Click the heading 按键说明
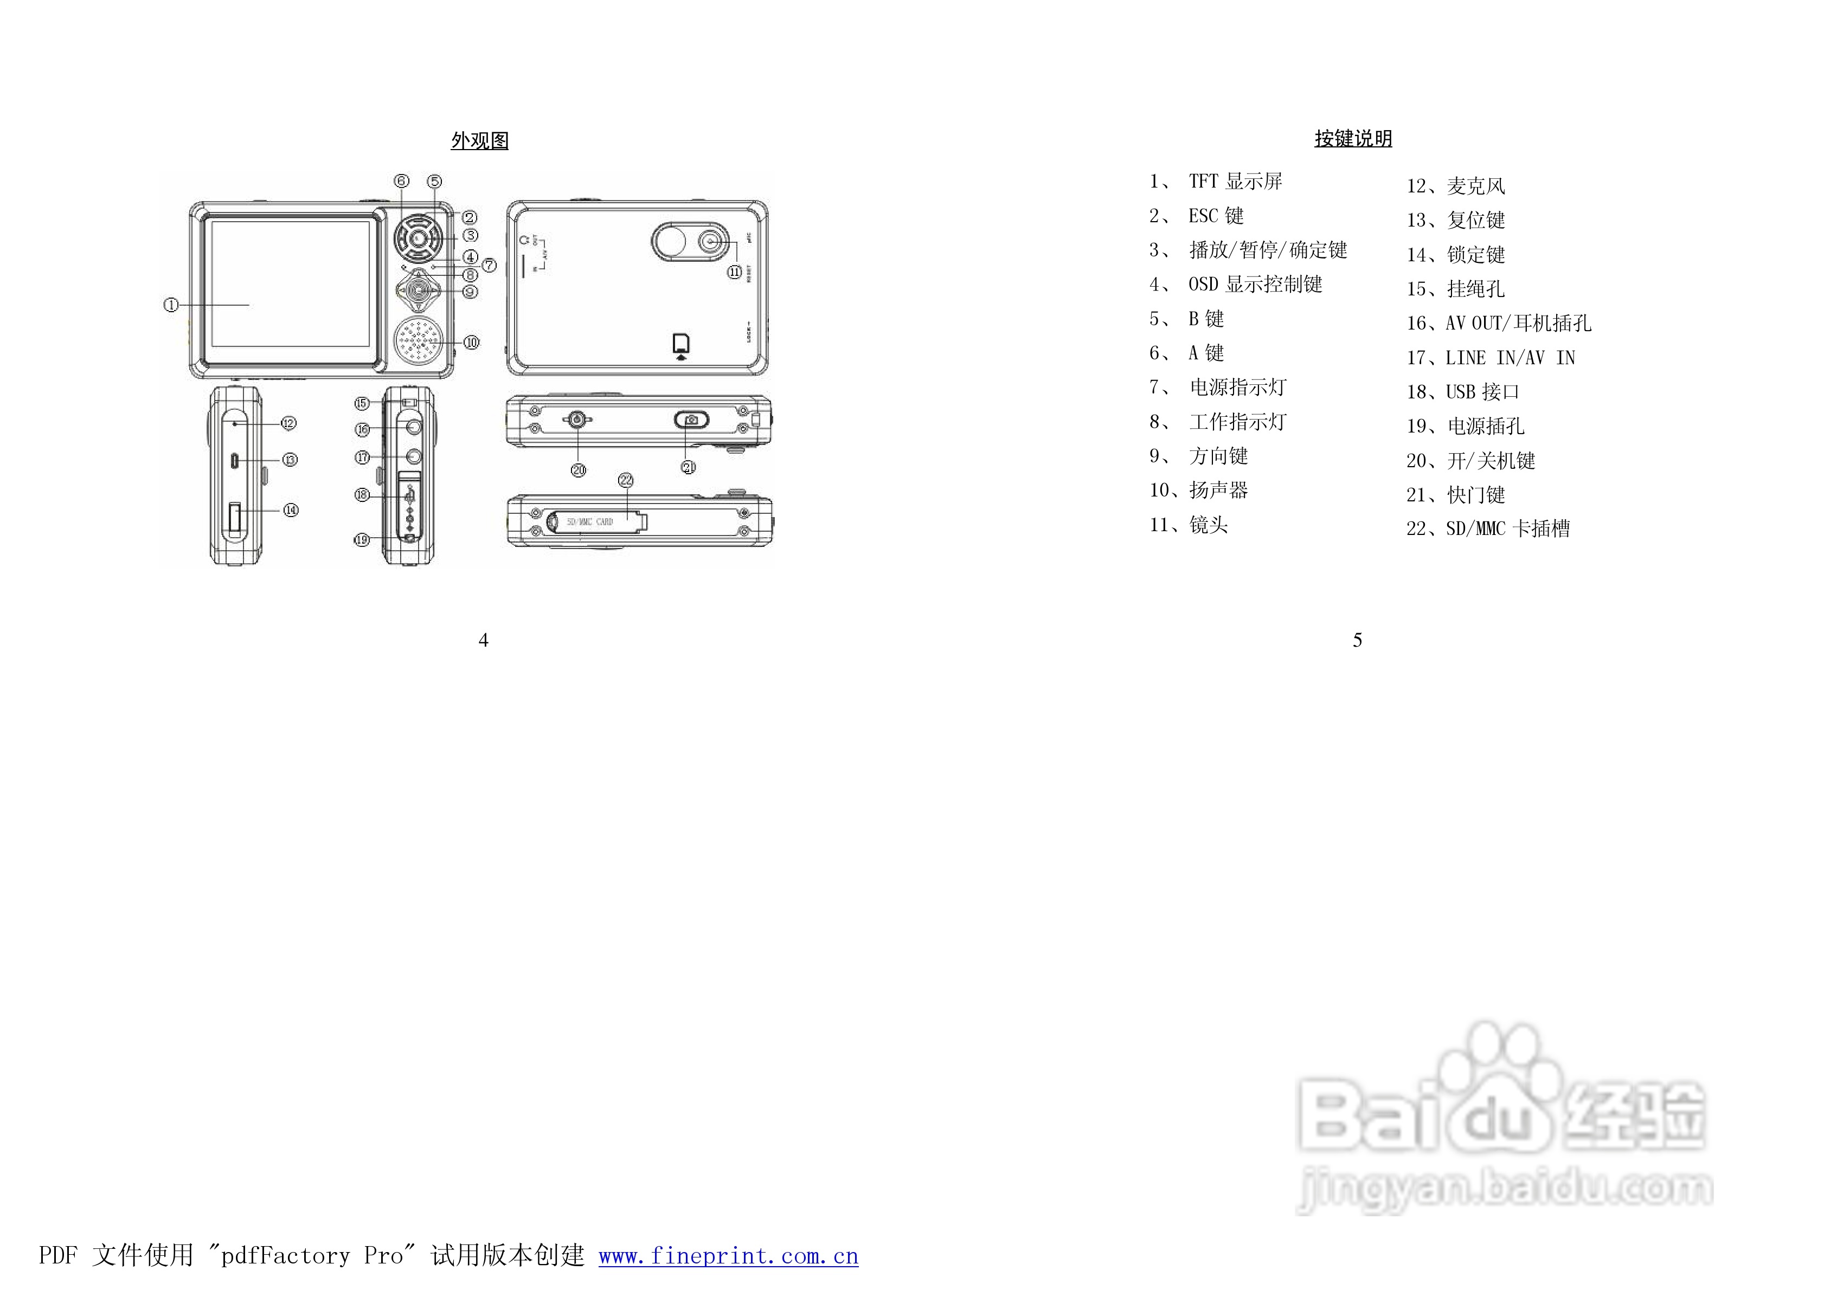(1353, 139)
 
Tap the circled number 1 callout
(171, 304)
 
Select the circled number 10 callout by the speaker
(472, 343)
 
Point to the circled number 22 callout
(626, 480)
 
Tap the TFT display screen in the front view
(290, 283)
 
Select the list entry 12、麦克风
(1455, 186)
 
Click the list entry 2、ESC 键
(1197, 215)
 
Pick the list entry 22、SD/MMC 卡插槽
(1488, 528)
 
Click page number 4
(483, 640)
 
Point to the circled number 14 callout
(291, 510)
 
